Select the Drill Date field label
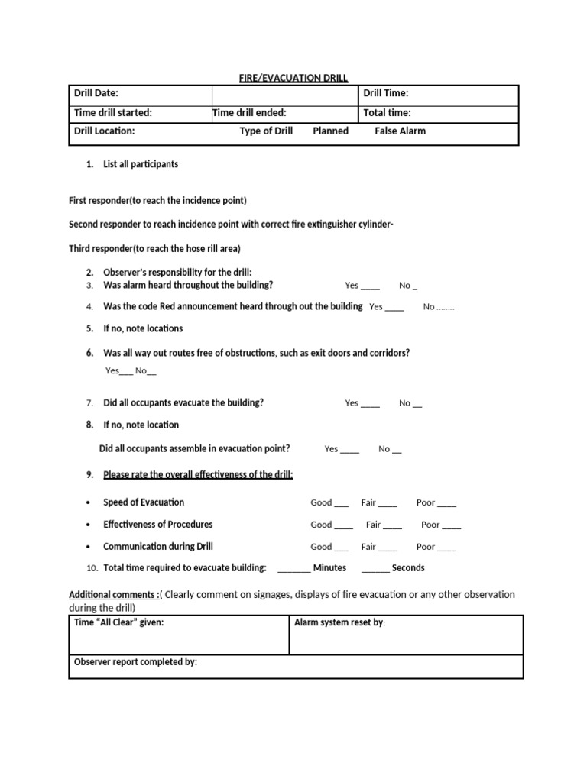click(96, 93)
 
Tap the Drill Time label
click(385, 93)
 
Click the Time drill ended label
click(249, 112)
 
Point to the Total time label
click(387, 112)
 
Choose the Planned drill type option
click(330, 131)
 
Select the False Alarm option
click(400, 131)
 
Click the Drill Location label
click(104, 131)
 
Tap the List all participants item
click(141, 164)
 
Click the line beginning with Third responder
click(154, 248)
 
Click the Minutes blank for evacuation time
click(294, 568)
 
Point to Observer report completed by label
click(135, 662)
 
